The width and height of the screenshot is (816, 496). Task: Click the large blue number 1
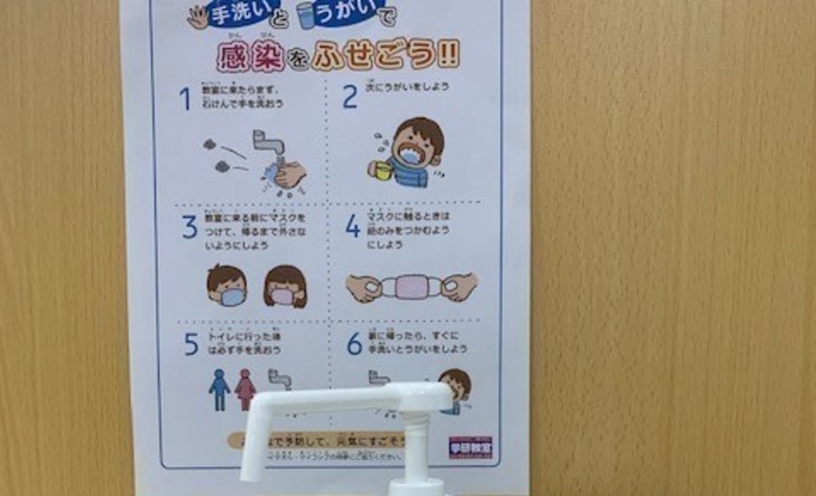185,99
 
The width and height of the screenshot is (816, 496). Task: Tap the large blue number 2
350,98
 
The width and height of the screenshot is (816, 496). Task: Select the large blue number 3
189,227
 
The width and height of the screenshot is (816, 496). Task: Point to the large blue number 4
353,226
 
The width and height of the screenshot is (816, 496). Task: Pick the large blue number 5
190,344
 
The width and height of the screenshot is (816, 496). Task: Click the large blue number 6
354,344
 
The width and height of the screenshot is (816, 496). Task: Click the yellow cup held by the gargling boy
382,170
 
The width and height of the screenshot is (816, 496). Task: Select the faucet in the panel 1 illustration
267,144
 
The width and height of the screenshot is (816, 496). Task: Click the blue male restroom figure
218,390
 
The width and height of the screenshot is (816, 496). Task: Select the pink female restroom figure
245,390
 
